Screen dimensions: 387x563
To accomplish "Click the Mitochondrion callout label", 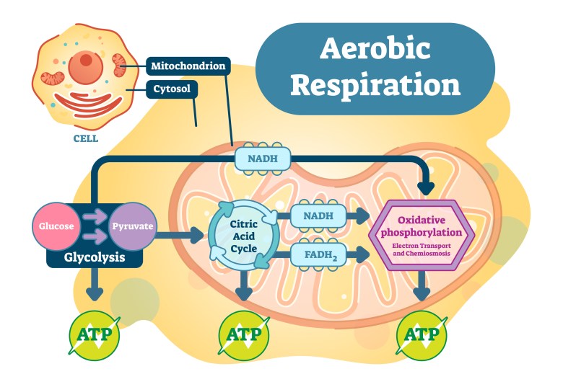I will pos(188,67).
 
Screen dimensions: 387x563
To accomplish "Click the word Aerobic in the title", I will pos(375,48).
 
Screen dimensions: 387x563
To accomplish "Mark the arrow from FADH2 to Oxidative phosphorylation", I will pos(358,254).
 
